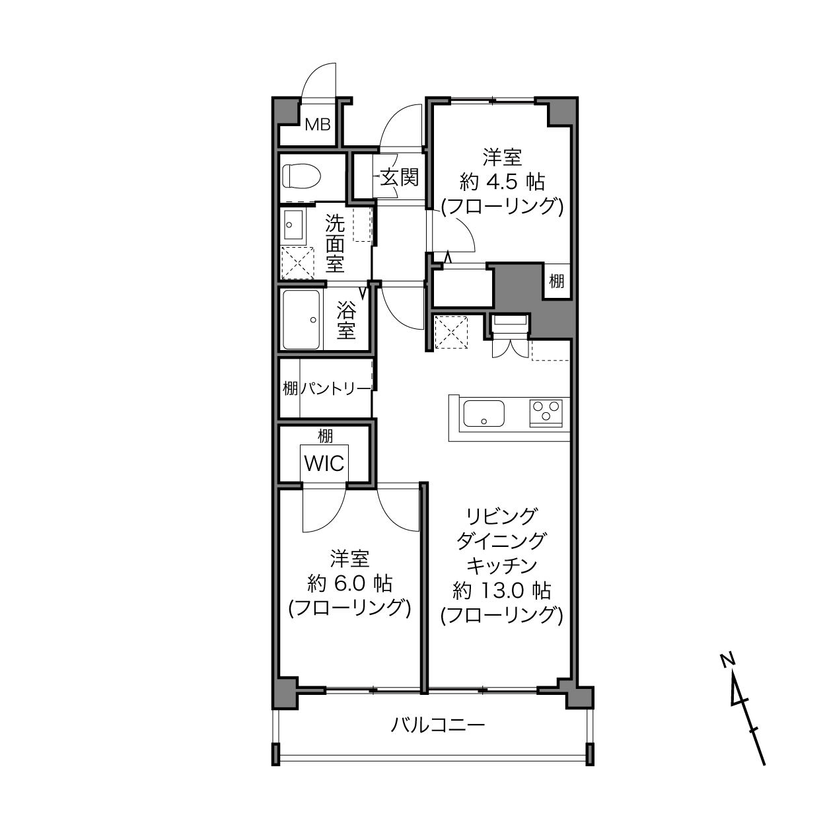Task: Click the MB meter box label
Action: [x=318, y=125]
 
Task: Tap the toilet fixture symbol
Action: [x=302, y=176]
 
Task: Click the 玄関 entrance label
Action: [x=400, y=177]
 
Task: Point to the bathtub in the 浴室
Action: [x=301, y=320]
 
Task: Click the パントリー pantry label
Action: [x=335, y=389]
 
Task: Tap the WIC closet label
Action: [x=324, y=464]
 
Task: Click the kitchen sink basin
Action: [x=484, y=413]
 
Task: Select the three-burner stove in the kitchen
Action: [x=546, y=413]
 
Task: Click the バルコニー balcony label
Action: [x=437, y=725]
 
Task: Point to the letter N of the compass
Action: [x=727, y=661]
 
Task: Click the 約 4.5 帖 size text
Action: [x=502, y=182]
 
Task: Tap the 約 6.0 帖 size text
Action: [x=350, y=584]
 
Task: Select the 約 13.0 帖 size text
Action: [x=502, y=591]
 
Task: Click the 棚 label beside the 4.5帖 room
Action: [x=557, y=281]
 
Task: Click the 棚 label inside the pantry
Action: [x=290, y=389]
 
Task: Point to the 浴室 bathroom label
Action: [x=346, y=320]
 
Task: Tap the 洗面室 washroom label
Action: [x=335, y=243]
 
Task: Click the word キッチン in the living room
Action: [x=502, y=566]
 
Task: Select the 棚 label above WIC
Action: [x=325, y=437]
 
